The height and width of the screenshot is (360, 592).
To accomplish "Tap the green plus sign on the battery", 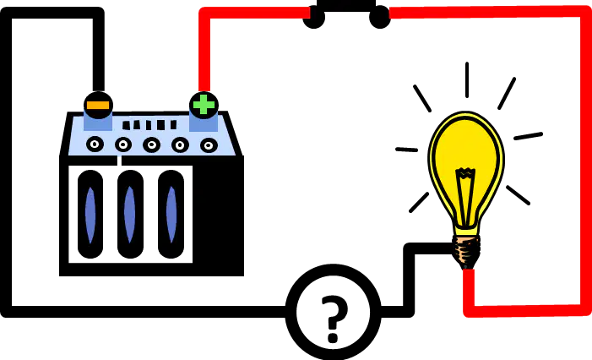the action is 204,105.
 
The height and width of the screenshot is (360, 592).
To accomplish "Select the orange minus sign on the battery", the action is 98,105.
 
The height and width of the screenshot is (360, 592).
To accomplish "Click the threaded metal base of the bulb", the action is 467,250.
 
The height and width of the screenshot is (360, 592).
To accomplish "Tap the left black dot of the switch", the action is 314,18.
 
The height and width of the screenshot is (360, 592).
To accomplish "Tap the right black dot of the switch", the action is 379,18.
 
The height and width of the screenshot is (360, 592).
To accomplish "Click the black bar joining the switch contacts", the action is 346,5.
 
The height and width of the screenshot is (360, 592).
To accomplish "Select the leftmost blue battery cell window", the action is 90,215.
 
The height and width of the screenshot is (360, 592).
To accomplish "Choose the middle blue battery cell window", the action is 130,215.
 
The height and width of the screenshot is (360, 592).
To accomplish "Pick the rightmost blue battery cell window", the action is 171,215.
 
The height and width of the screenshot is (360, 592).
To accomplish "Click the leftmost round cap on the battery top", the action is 95,144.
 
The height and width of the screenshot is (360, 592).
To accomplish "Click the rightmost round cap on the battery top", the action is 209,145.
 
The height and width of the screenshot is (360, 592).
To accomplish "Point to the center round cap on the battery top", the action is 151,145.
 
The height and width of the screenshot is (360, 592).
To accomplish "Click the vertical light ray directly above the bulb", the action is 467,80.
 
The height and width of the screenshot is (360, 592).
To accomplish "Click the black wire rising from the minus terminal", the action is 99,49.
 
